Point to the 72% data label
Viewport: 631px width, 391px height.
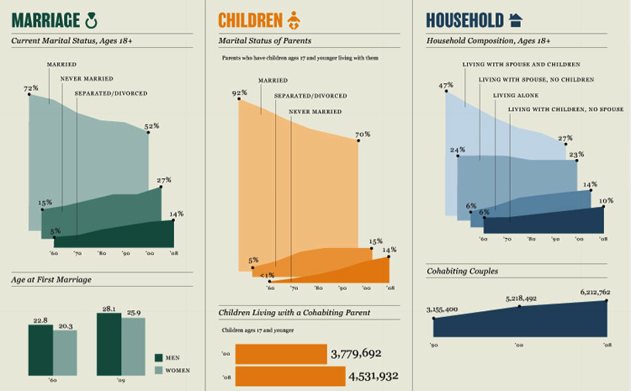[x=31, y=88]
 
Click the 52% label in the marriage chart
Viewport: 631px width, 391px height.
[x=151, y=126]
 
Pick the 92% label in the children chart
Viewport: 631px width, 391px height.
[x=239, y=93]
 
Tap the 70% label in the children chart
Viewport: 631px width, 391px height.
[x=363, y=135]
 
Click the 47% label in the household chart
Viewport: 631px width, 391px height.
[x=446, y=85]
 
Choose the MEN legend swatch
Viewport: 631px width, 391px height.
[x=159, y=357]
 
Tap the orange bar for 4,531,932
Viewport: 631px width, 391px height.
[x=280, y=376]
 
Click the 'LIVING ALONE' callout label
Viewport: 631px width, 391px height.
[x=515, y=95]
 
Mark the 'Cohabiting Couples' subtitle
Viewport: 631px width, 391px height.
[x=463, y=271]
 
